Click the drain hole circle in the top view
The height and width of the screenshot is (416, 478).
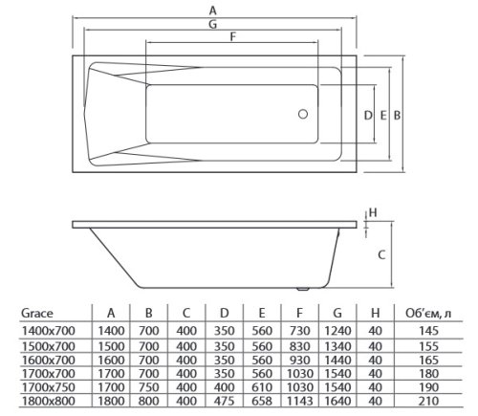[305, 115]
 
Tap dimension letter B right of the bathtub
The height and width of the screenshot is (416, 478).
[395, 115]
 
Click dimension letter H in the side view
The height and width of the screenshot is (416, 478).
[375, 212]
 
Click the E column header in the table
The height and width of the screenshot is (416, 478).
[260, 312]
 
